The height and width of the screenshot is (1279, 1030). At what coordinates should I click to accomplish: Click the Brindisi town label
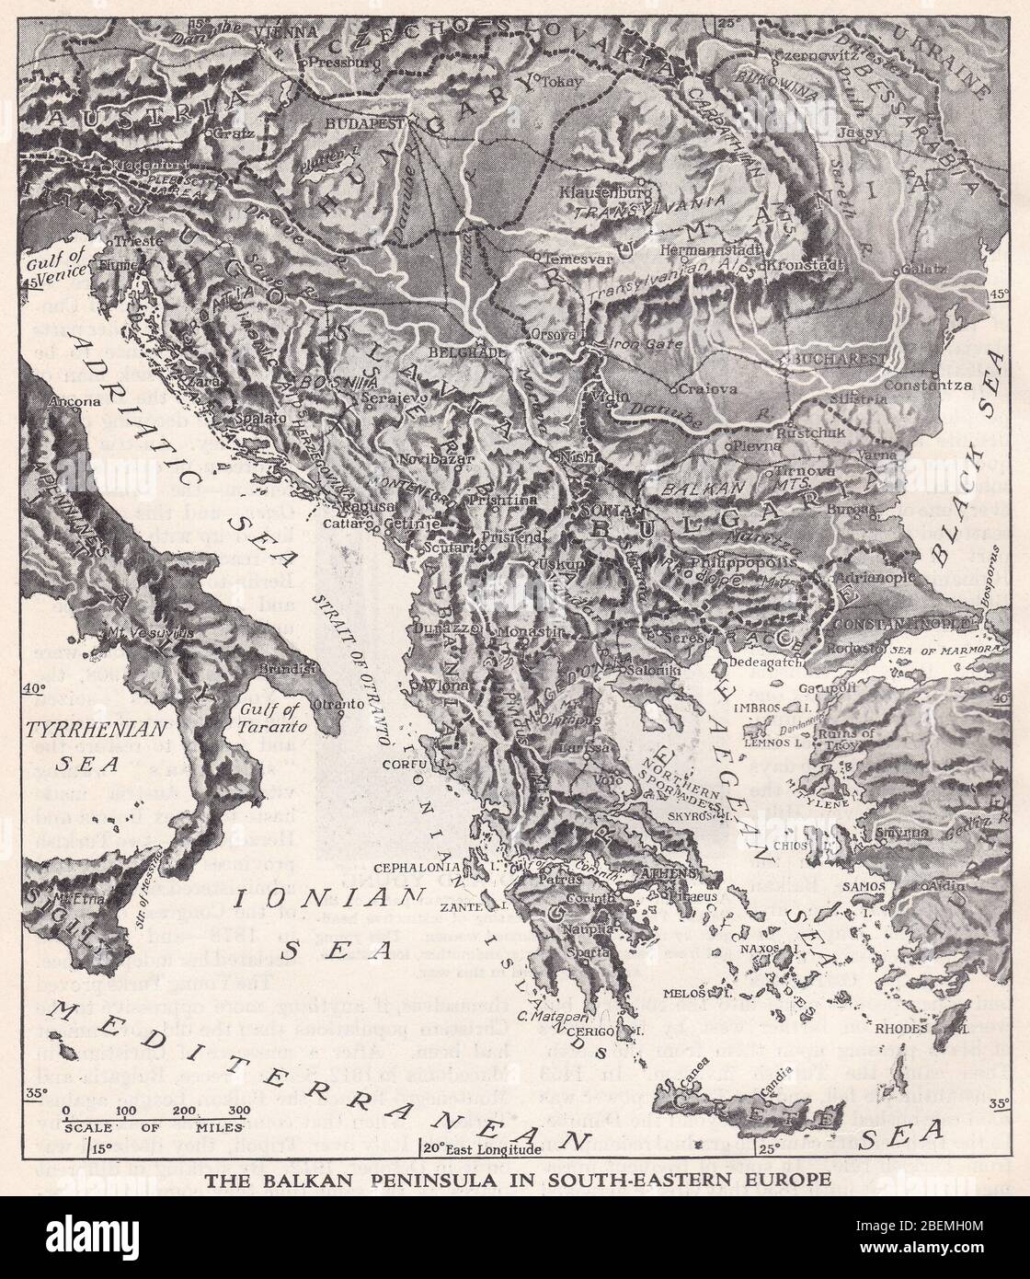[283, 669]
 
